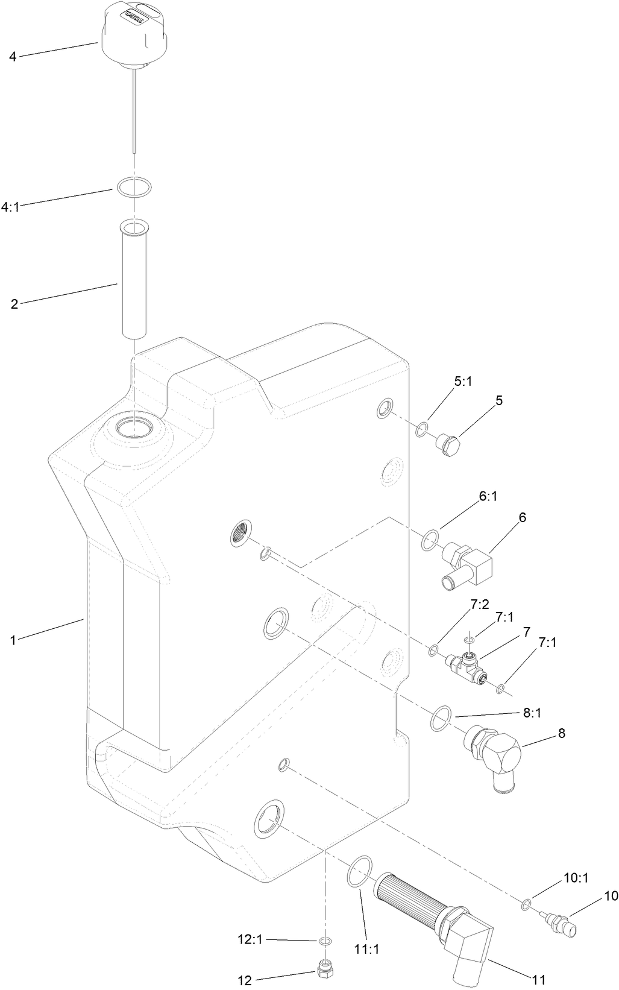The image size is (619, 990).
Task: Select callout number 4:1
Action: coord(11,206)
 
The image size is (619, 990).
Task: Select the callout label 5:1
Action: coord(463,382)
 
